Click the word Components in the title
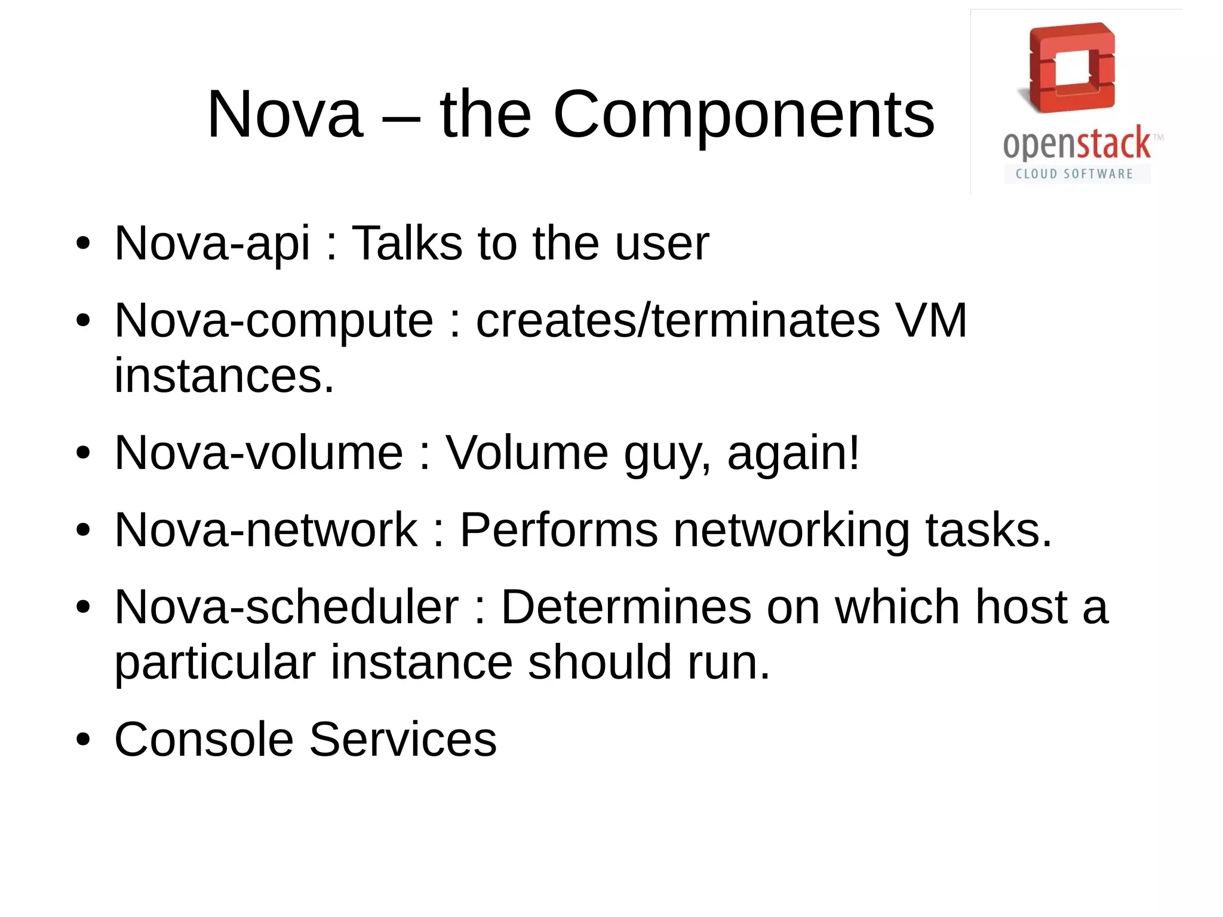tap(743, 115)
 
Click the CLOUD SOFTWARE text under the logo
tap(1074, 174)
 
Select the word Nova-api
tap(212, 243)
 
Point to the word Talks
tap(407, 243)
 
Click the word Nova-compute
tap(274, 321)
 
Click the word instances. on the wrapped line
tap(224, 376)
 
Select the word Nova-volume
tap(259, 452)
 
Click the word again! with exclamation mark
tap(794, 452)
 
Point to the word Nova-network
tap(266, 530)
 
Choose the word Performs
tap(558, 530)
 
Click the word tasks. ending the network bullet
tap(988, 530)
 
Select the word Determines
tap(626, 607)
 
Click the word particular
tap(214, 663)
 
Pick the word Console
tap(204, 740)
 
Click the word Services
tap(402, 740)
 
